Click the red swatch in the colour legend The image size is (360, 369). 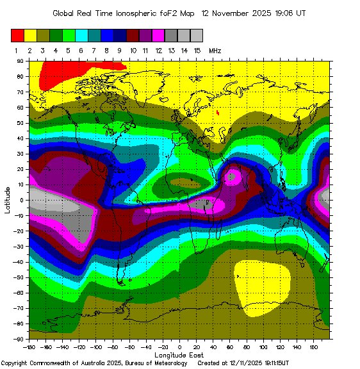tap(17, 35)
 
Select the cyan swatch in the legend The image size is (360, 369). tap(81, 35)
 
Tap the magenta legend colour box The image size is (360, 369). tap(158, 35)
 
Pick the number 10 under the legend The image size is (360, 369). tap(133, 49)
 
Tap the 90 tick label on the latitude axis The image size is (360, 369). tap(20, 61)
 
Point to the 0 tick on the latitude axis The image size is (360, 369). tap(21, 200)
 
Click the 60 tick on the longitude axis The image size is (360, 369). tap(230, 347)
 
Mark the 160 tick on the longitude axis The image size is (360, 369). tap(314, 347)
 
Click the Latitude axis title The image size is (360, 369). tap(8, 200)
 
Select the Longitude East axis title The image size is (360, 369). tap(179, 354)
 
